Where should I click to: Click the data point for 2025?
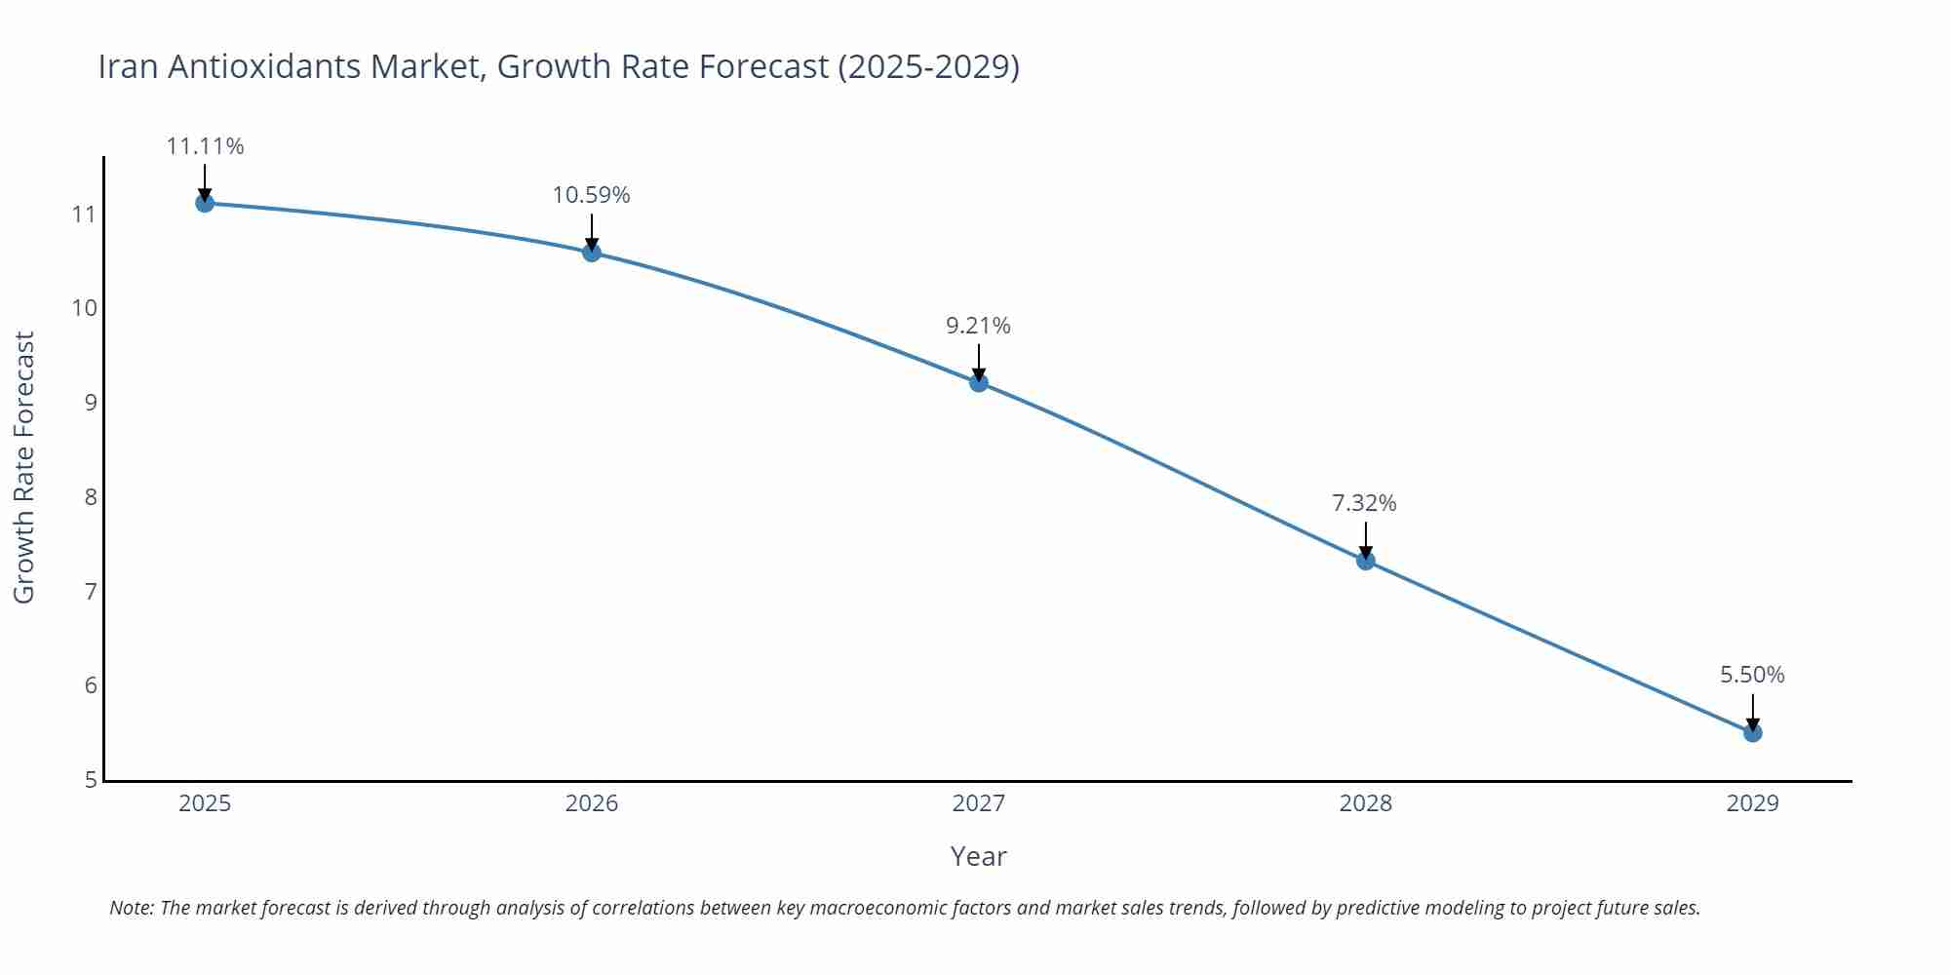[205, 203]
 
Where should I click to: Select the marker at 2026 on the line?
[592, 253]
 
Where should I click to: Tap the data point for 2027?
[979, 382]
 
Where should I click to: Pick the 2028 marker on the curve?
[1366, 561]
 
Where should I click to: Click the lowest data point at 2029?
[1752, 732]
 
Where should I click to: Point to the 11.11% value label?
[205, 146]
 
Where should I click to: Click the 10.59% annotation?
[591, 195]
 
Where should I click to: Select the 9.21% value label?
[978, 326]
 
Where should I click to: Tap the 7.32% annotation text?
[1364, 503]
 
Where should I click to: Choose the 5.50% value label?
[1752, 675]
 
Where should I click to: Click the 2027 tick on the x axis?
[978, 803]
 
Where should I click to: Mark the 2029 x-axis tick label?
[1752, 803]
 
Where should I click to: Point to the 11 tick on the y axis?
[84, 214]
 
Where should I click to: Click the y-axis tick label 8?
[91, 497]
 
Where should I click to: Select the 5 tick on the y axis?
[91, 780]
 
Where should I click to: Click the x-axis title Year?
[978, 856]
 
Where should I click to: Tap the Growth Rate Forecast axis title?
[23, 467]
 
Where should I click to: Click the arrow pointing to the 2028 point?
[1366, 539]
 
